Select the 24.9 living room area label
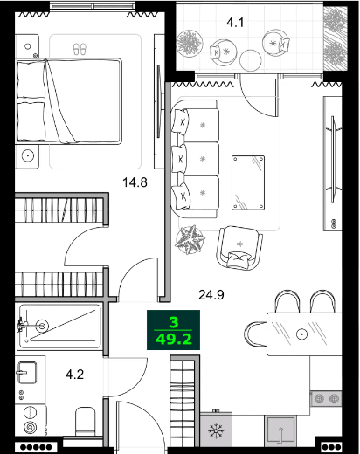pos(212,294)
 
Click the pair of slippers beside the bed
pos(81,50)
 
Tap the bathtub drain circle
pos(38,327)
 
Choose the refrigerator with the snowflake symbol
pos(214,431)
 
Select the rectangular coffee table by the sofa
pos(248,182)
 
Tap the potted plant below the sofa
pos(192,237)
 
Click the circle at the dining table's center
pos(301,334)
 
